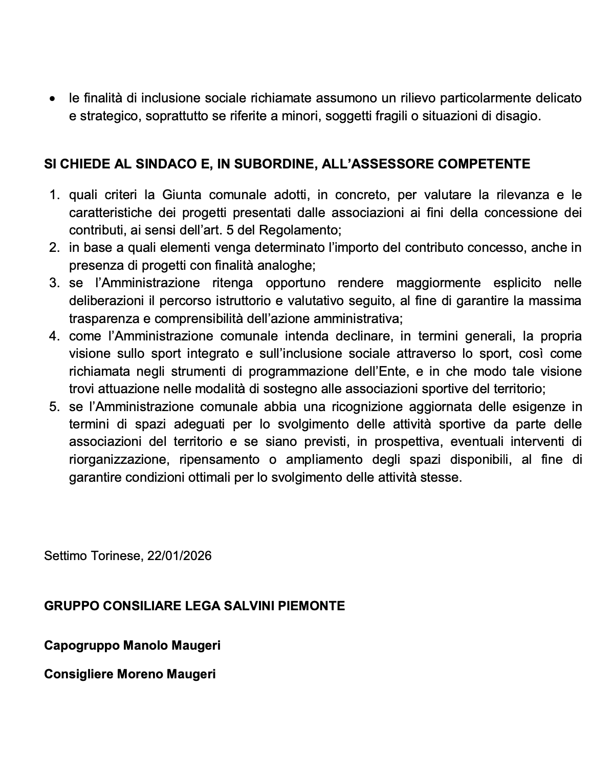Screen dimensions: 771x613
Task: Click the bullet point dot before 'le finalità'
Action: coord(52,98)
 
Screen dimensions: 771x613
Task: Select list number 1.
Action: coord(54,195)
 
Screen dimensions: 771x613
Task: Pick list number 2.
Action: coord(54,248)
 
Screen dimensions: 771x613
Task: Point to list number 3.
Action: coord(54,283)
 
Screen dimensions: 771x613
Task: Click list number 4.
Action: coord(54,336)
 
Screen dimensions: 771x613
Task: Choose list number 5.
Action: coord(54,407)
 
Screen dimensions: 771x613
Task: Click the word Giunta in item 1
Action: coord(182,195)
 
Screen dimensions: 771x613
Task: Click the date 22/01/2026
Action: coord(179,555)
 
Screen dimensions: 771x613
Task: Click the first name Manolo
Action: coord(143,646)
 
